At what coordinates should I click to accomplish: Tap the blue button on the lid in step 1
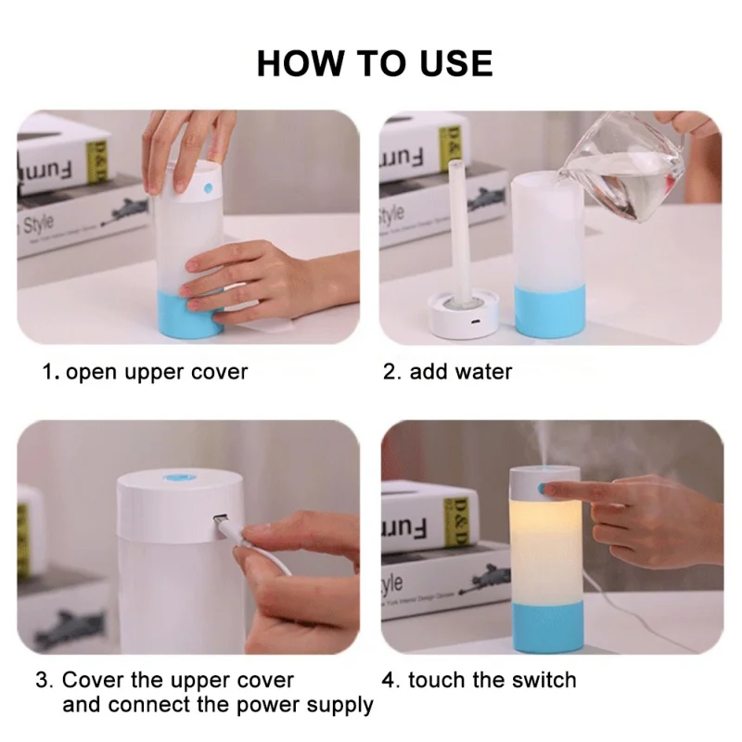(x=208, y=189)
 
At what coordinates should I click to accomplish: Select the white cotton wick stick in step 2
(x=460, y=232)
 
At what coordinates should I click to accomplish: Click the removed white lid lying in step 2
(x=463, y=315)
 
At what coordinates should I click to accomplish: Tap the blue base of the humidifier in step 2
(x=549, y=312)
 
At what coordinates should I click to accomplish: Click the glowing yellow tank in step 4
(x=545, y=550)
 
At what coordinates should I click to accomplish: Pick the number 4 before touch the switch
(x=388, y=681)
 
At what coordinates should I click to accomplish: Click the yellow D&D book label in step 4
(x=457, y=522)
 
